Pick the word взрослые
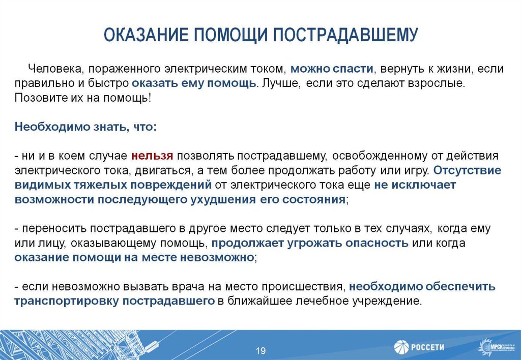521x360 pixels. point(438,83)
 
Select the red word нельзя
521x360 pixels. point(152,155)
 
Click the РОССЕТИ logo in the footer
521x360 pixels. point(419,347)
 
